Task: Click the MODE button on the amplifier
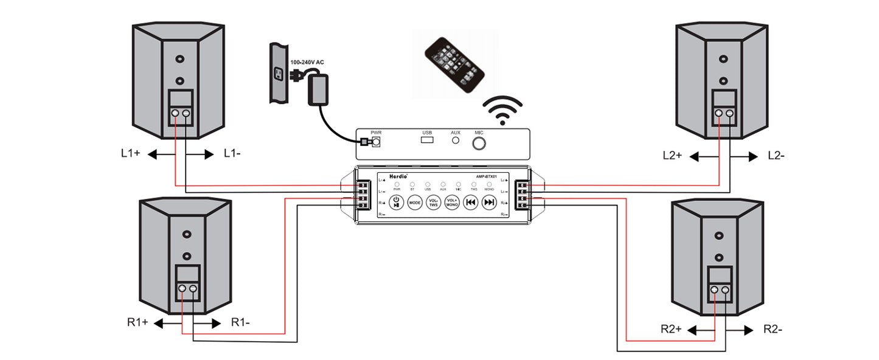pyautogui.click(x=415, y=202)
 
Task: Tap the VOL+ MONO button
pyautogui.click(x=452, y=202)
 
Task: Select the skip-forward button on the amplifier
pyautogui.click(x=488, y=202)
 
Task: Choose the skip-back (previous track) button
pyautogui.click(x=470, y=202)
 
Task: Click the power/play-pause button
pyautogui.click(x=396, y=202)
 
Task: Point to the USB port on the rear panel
pyautogui.click(x=427, y=141)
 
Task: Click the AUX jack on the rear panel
pyautogui.click(x=456, y=140)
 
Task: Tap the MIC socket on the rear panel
pyautogui.click(x=480, y=143)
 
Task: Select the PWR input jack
pyautogui.click(x=376, y=142)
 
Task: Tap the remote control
pyautogui.click(x=456, y=66)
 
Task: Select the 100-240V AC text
pyautogui.click(x=307, y=63)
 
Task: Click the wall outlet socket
pyautogui.click(x=279, y=74)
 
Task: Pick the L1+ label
pyautogui.click(x=131, y=154)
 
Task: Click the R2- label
pyautogui.click(x=773, y=330)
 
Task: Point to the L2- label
pyautogui.click(x=776, y=156)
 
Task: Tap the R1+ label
pyautogui.click(x=138, y=322)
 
